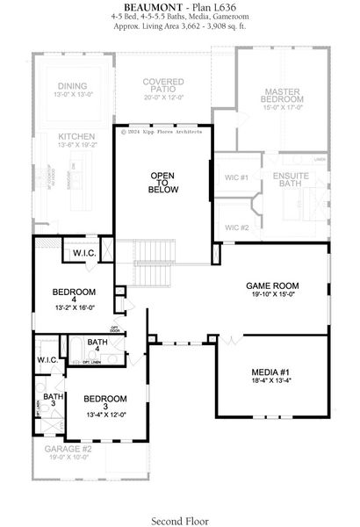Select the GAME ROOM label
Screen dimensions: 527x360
(272, 286)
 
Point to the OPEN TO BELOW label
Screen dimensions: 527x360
(164, 182)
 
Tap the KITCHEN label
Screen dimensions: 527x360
(76, 137)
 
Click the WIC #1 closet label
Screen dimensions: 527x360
(236, 177)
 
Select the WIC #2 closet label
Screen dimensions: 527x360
(236, 227)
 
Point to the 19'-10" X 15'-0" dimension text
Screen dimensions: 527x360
(272, 296)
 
